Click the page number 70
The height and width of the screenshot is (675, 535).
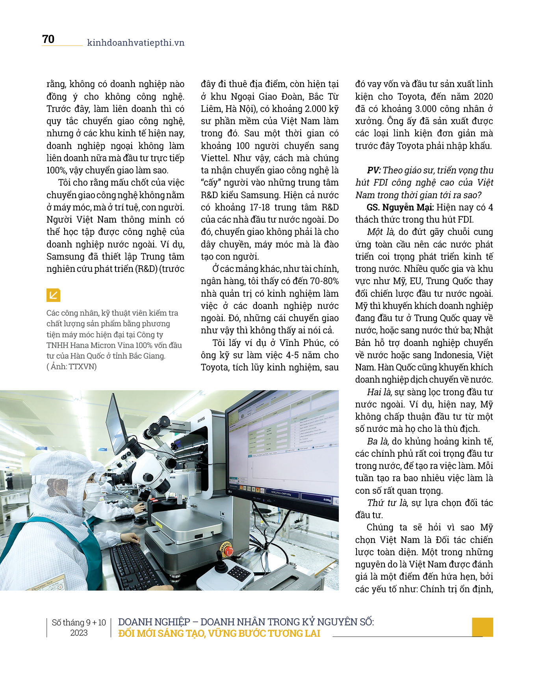(48, 39)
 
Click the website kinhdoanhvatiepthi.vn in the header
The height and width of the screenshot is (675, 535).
(136, 43)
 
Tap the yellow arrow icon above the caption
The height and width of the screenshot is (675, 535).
(53, 295)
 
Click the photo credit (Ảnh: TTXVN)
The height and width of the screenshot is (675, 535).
(72, 366)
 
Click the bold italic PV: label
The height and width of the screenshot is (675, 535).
(373, 170)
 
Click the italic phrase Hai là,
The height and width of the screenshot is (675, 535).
(379, 392)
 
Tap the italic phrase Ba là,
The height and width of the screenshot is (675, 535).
(378, 441)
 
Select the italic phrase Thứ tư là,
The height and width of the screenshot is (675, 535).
(387, 503)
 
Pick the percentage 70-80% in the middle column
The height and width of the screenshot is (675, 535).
(324, 281)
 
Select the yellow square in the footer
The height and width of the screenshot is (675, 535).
(482, 627)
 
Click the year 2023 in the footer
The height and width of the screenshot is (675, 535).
(79, 633)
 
